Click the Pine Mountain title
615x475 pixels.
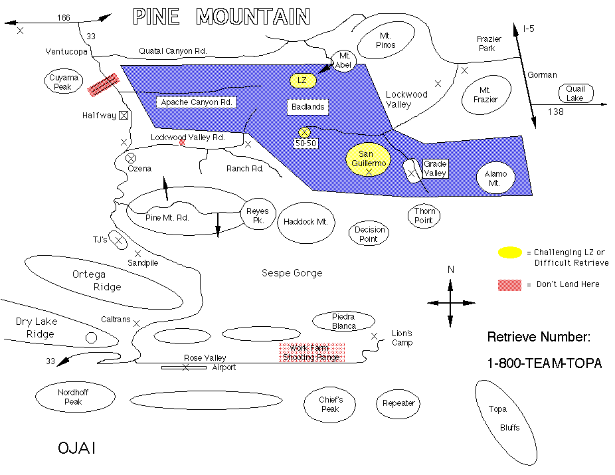click(221, 16)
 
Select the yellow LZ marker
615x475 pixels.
click(302, 80)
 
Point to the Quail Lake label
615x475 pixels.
click(575, 94)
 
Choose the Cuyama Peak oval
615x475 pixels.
click(64, 82)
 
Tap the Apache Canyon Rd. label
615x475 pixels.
click(197, 102)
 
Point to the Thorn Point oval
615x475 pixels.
click(424, 215)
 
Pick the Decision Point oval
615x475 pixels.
click(369, 234)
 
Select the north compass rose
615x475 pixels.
click(451, 302)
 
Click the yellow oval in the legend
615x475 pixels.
click(510, 252)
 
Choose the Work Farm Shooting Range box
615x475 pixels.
click(311, 353)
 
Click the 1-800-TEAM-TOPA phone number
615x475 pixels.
click(545, 363)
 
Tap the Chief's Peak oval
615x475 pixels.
click(331, 404)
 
